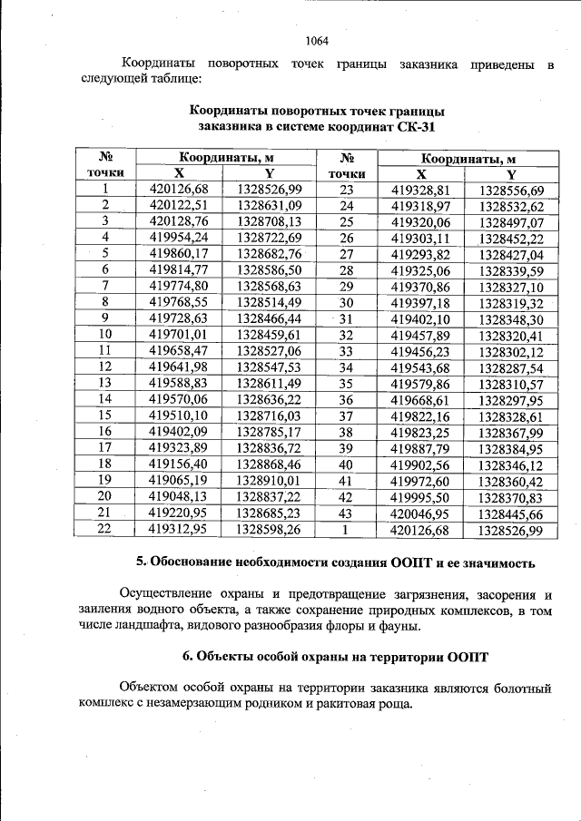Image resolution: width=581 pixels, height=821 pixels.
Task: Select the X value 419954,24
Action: point(179,237)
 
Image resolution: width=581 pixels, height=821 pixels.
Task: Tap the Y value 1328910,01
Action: point(268,479)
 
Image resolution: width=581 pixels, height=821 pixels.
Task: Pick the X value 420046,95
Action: point(421,513)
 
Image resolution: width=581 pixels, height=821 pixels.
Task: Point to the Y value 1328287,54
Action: point(511,368)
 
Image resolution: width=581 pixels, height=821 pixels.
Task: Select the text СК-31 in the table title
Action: point(401,126)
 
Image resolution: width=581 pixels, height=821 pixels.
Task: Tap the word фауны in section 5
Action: point(398,626)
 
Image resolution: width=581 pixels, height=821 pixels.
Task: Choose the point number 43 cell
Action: point(346,512)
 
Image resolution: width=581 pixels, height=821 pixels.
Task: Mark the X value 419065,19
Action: point(179,479)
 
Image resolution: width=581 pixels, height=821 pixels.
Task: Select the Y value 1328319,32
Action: point(511,304)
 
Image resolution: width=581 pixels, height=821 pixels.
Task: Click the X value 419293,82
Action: point(421,255)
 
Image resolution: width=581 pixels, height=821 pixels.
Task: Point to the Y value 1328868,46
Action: point(268,463)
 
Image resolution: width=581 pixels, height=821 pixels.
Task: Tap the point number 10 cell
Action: point(105,334)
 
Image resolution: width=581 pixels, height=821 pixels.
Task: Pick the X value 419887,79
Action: point(421,448)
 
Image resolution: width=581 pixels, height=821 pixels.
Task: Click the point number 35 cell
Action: point(346,384)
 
